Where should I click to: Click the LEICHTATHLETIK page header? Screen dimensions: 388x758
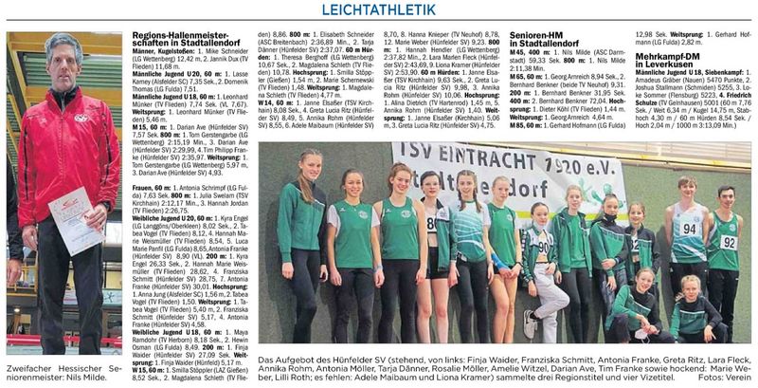click(379, 10)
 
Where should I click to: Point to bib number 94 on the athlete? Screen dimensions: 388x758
click(690, 229)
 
